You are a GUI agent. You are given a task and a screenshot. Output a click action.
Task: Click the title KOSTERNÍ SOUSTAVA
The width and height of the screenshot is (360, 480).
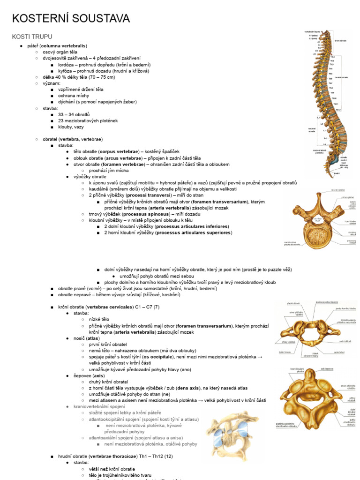click(71, 19)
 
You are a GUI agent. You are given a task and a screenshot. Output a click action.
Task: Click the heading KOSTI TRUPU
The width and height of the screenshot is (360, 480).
click(32, 37)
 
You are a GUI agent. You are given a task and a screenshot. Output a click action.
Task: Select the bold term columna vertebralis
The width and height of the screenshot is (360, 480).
click(63, 46)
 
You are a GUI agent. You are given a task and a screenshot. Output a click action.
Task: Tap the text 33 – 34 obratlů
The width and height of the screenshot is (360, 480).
click(74, 114)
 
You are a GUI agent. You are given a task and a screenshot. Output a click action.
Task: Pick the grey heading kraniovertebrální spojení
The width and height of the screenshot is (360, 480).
click(99, 406)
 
